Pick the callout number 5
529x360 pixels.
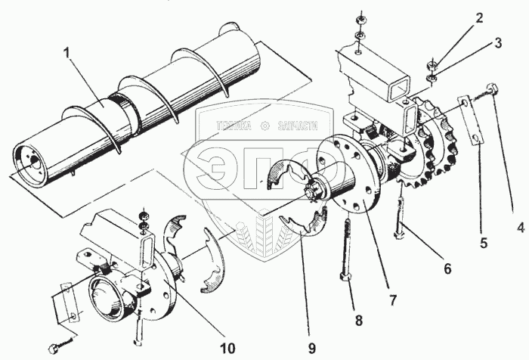[484, 244]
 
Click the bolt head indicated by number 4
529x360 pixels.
[493, 88]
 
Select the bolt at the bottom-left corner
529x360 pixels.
[54, 349]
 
